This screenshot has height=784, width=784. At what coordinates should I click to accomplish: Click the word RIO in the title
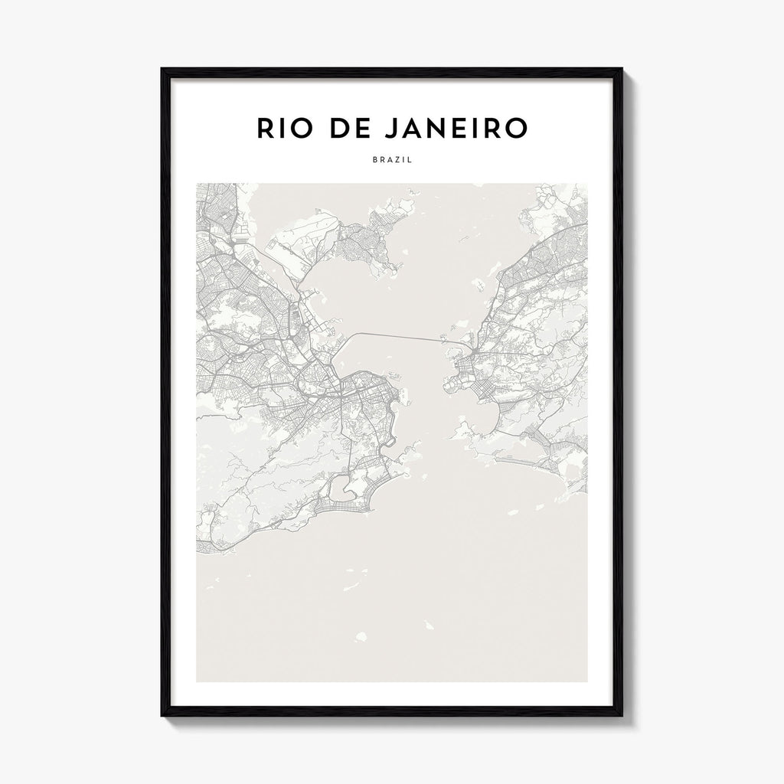pyautogui.click(x=283, y=129)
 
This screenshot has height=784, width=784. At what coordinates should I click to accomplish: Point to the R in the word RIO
pyautogui.click(x=266, y=129)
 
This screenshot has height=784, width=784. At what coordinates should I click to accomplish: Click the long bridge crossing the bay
pyautogui.click(x=398, y=337)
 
